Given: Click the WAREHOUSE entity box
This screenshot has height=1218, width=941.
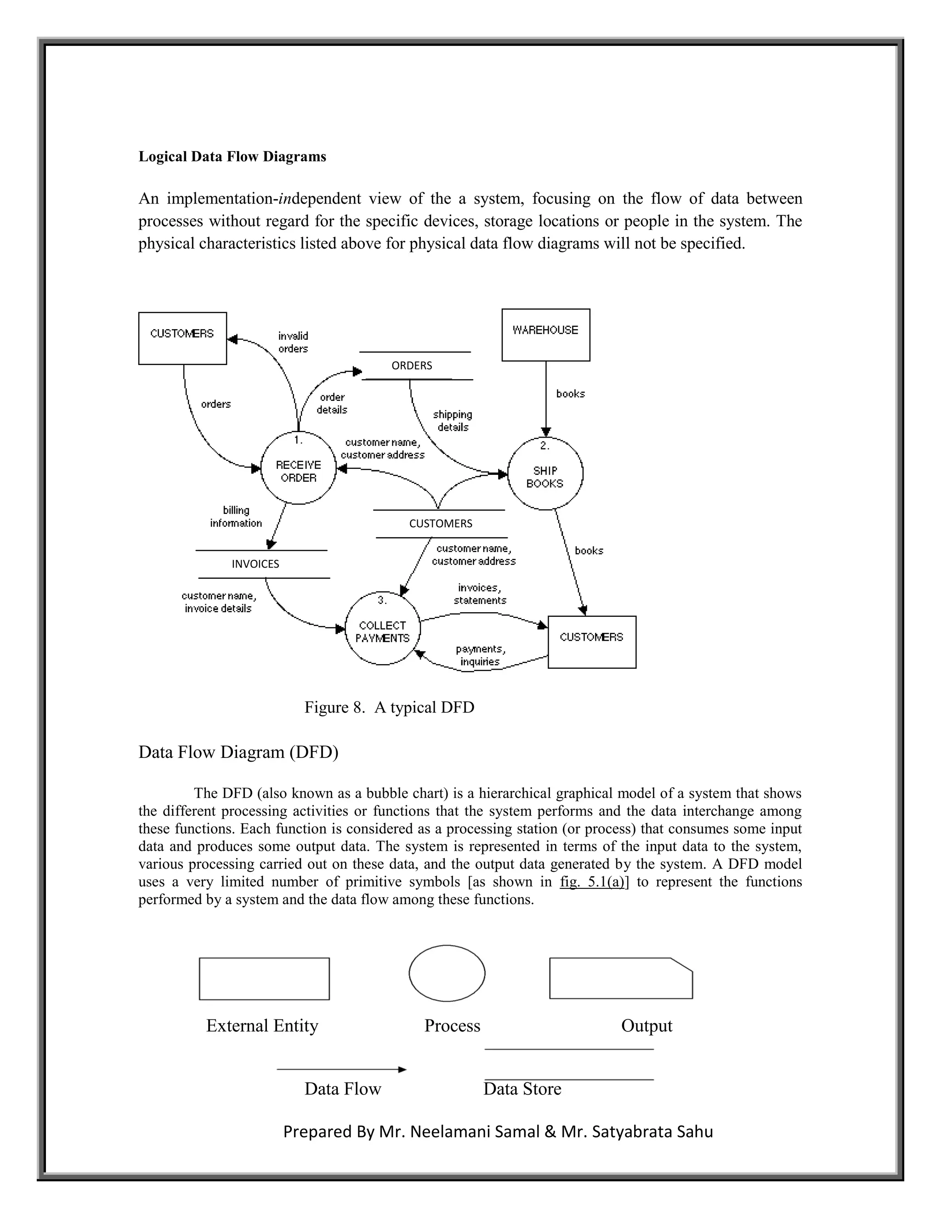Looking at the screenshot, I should [545, 335].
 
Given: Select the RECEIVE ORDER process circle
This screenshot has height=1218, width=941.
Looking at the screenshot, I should [298, 468].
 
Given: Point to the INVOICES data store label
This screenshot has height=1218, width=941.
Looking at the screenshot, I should [255, 564].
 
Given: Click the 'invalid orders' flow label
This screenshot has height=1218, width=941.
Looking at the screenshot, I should [293, 342].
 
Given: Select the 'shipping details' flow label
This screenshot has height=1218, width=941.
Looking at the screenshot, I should [452, 421].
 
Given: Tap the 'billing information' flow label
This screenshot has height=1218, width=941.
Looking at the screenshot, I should [236, 517].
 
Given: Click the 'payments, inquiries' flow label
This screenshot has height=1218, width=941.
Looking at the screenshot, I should [480, 655].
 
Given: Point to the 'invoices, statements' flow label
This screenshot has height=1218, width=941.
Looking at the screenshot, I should [479, 594].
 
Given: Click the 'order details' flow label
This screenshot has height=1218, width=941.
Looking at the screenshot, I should [332, 403].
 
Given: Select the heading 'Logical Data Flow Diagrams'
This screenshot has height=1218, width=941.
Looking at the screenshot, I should [232, 157].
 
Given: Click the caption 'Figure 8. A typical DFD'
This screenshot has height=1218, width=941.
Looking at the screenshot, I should [389, 707].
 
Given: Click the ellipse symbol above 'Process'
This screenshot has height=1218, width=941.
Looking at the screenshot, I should [447, 973].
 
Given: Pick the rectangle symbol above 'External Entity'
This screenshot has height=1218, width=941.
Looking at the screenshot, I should [264, 979].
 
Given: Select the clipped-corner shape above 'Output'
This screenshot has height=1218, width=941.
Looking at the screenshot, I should [620, 979].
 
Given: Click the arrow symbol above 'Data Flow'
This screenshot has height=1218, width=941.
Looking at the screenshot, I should [341, 1070].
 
